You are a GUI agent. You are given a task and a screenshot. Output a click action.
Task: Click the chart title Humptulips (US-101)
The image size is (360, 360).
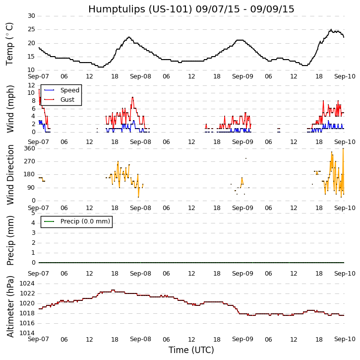[191, 9]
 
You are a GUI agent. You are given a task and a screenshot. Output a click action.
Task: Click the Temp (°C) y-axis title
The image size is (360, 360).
[10, 44]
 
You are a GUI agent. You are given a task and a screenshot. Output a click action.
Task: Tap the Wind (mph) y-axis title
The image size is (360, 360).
[10, 109]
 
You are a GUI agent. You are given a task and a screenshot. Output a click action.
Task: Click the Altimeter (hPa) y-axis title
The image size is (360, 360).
[10, 306]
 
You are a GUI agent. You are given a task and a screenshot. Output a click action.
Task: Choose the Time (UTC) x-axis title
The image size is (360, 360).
[191, 350]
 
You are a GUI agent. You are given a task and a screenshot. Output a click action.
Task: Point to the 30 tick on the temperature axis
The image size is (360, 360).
[31, 16]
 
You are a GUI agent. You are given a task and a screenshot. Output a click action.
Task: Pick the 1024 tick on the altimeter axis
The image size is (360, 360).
[27, 284]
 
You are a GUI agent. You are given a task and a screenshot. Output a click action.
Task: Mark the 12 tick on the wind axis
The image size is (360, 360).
[31, 85]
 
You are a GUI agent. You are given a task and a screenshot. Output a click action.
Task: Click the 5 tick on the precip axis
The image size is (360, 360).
[33, 213]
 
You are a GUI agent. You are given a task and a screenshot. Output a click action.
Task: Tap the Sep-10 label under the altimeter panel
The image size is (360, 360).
[345, 339]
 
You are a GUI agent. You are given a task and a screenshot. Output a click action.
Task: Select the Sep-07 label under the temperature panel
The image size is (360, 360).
[39, 77]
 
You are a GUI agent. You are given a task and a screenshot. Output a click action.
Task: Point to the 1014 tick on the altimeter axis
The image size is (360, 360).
[27, 333]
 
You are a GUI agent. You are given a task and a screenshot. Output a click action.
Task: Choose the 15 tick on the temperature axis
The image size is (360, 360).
[31, 57]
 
